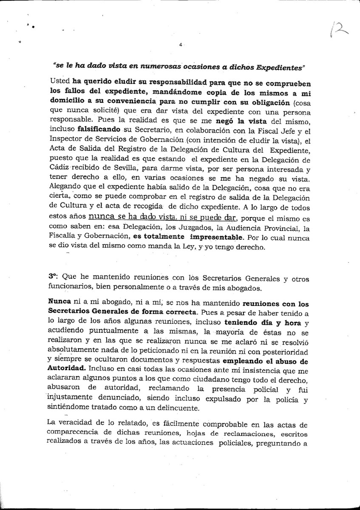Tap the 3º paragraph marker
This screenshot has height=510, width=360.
point(54,276)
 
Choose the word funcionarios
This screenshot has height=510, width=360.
point(68,287)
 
